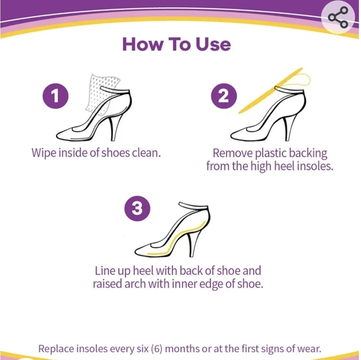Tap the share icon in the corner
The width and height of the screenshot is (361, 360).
pos(338,17)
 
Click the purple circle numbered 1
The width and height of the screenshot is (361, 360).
pos(55,96)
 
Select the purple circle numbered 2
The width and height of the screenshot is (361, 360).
pos(224,96)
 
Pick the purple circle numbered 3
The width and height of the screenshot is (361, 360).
pos(137,208)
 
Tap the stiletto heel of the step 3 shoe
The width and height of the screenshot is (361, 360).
pos(193,245)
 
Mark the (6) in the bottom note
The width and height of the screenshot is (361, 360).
pos(157,349)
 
